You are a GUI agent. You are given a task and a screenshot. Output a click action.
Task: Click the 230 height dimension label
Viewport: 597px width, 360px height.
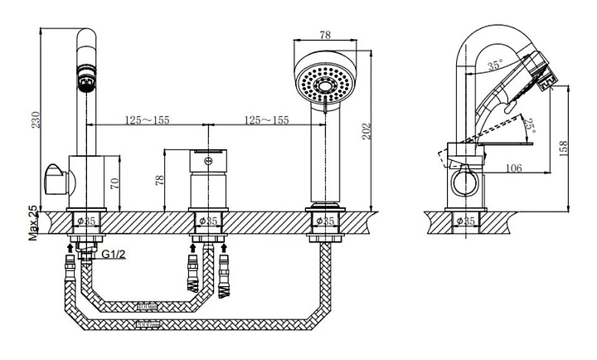tap(35, 119)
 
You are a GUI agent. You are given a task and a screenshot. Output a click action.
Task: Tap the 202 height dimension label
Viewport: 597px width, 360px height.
tap(366, 131)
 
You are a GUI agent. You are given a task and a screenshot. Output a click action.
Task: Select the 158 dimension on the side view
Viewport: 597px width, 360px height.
tap(564, 148)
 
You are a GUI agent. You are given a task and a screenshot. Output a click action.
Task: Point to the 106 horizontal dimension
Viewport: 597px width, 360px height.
tap(513, 168)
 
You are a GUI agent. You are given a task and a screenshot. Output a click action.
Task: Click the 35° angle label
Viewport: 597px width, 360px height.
tap(495, 65)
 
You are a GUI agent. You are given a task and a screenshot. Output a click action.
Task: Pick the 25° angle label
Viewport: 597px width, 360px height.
tap(529, 126)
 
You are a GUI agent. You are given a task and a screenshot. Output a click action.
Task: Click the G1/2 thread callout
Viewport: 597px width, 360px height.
tap(114, 254)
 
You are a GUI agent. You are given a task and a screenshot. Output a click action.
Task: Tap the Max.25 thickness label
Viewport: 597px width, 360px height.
tap(33, 223)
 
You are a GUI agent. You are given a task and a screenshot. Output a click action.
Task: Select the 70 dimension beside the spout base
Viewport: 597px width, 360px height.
tap(114, 183)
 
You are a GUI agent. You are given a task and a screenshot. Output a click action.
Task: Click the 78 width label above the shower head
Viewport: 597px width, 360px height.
tap(325, 35)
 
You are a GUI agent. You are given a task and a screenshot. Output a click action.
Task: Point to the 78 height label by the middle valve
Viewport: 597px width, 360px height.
tap(159, 180)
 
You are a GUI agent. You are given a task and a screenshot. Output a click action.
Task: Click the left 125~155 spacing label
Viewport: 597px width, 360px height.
tap(148, 120)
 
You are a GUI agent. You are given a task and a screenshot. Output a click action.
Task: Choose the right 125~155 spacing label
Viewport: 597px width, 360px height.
tap(266, 120)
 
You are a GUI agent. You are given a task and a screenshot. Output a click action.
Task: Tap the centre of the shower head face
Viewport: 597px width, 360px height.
tap(325, 85)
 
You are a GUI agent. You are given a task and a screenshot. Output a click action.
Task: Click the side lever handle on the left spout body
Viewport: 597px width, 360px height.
tap(56, 180)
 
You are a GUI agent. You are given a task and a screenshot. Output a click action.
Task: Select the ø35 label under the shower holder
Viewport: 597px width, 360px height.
tap(325, 221)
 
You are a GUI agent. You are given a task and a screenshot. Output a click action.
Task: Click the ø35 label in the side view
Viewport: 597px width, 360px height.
tap(465, 221)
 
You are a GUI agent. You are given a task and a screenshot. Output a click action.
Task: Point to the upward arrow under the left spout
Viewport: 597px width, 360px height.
tap(70, 248)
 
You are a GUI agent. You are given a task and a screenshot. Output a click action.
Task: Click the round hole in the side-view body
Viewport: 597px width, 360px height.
tap(464, 182)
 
